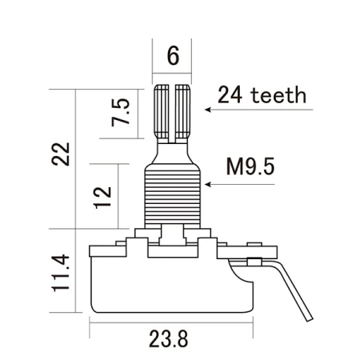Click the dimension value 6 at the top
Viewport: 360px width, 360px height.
pyautogui.click(x=172, y=57)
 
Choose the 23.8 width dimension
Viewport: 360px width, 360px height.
pyautogui.click(x=170, y=338)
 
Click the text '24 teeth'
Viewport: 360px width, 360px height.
pyautogui.click(x=262, y=95)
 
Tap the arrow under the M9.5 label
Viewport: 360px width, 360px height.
pyautogui.click(x=240, y=184)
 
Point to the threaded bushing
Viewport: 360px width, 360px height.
pyautogui.click(x=172, y=195)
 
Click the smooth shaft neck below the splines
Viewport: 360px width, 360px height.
pyautogui.click(x=172, y=150)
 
